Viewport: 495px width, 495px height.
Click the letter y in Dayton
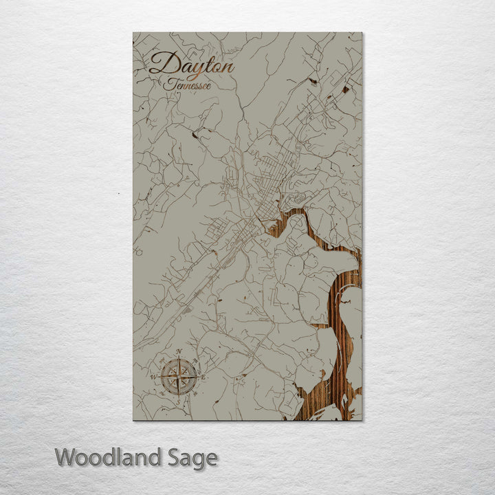(192, 70)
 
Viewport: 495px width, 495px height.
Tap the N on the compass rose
(179, 352)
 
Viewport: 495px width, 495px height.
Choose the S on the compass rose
(179, 401)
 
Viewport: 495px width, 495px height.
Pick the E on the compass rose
(203, 376)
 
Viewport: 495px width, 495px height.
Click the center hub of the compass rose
(179, 376)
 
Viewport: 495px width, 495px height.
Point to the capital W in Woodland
(65, 457)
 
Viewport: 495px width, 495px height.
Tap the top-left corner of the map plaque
(133, 33)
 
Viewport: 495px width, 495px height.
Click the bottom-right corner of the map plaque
(362, 419)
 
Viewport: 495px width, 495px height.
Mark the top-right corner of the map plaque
(362, 33)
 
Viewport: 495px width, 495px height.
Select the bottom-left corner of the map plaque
(133, 419)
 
